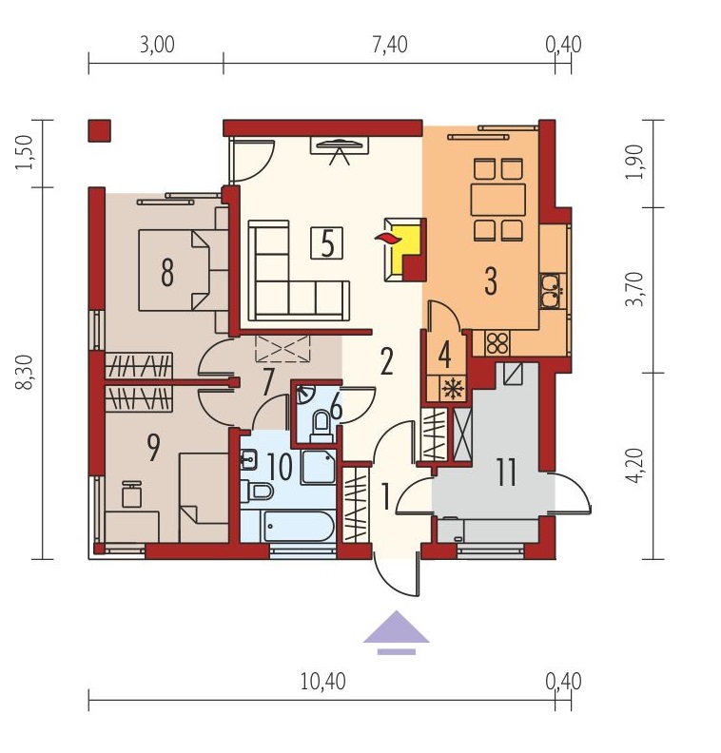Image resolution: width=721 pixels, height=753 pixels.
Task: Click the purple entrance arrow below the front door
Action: (x=396, y=632)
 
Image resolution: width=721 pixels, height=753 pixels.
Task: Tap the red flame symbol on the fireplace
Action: (x=387, y=238)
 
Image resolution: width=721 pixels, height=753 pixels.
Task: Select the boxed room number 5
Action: (x=326, y=243)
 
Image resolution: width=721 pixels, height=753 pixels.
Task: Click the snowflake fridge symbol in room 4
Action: (x=453, y=388)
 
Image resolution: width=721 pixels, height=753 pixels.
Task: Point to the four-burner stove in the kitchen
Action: (x=497, y=343)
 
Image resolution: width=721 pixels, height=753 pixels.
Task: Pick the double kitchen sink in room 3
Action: (x=550, y=290)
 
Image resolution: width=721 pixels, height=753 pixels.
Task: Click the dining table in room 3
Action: (x=498, y=200)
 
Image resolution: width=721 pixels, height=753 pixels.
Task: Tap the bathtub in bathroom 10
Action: (x=287, y=527)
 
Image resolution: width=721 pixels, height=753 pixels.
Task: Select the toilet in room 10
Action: (x=257, y=492)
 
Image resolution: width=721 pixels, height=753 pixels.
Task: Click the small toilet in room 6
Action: (x=321, y=426)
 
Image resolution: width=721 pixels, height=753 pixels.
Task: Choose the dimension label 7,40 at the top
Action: (x=390, y=45)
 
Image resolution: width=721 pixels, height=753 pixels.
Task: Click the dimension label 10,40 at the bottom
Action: (x=322, y=681)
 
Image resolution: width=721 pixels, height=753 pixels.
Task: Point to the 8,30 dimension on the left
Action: (x=25, y=372)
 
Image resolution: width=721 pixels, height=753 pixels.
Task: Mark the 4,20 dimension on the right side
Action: (x=634, y=465)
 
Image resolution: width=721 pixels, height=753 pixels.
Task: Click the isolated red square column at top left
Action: (x=100, y=130)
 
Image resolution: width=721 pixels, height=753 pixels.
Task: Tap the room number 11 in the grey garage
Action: (x=506, y=473)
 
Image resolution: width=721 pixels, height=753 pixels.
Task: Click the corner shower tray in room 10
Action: (x=319, y=467)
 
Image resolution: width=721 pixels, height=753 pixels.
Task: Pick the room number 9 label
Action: (x=153, y=448)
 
